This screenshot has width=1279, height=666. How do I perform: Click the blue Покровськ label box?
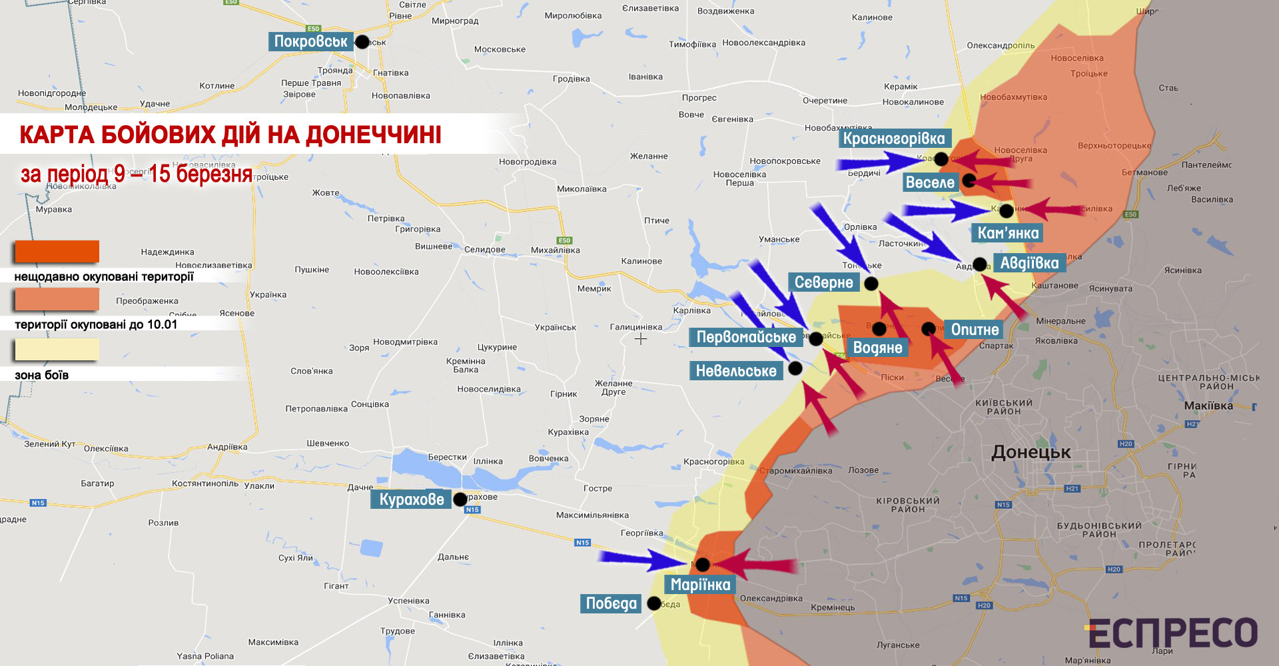click(310, 41)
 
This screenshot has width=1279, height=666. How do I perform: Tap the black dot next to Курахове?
click(460, 499)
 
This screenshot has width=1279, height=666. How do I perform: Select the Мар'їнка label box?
click(700, 585)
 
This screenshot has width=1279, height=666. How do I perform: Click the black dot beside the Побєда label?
click(654, 603)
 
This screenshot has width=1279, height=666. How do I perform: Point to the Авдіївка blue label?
click(1029, 263)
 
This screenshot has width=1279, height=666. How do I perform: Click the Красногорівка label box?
click(894, 139)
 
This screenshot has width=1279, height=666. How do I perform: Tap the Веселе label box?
click(930, 182)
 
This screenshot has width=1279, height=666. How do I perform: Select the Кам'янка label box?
click(1008, 233)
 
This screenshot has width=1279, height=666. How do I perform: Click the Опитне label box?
click(975, 330)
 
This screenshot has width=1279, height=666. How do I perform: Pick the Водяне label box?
click(877, 348)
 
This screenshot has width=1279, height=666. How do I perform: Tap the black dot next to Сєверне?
click(871, 284)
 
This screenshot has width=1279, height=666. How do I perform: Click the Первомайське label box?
click(746, 337)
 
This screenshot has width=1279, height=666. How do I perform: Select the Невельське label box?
click(736, 371)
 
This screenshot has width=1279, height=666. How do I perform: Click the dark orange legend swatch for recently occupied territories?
click(57, 252)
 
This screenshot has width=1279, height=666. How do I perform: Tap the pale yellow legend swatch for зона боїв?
click(57, 350)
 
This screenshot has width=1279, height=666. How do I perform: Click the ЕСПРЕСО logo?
click(1172, 633)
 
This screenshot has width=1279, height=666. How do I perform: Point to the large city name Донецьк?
click(1031, 452)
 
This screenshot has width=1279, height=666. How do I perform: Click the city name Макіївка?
click(1208, 406)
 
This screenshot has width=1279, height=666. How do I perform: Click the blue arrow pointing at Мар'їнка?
click(639, 559)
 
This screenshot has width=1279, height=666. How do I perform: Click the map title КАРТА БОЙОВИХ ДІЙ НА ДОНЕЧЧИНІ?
click(230, 135)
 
